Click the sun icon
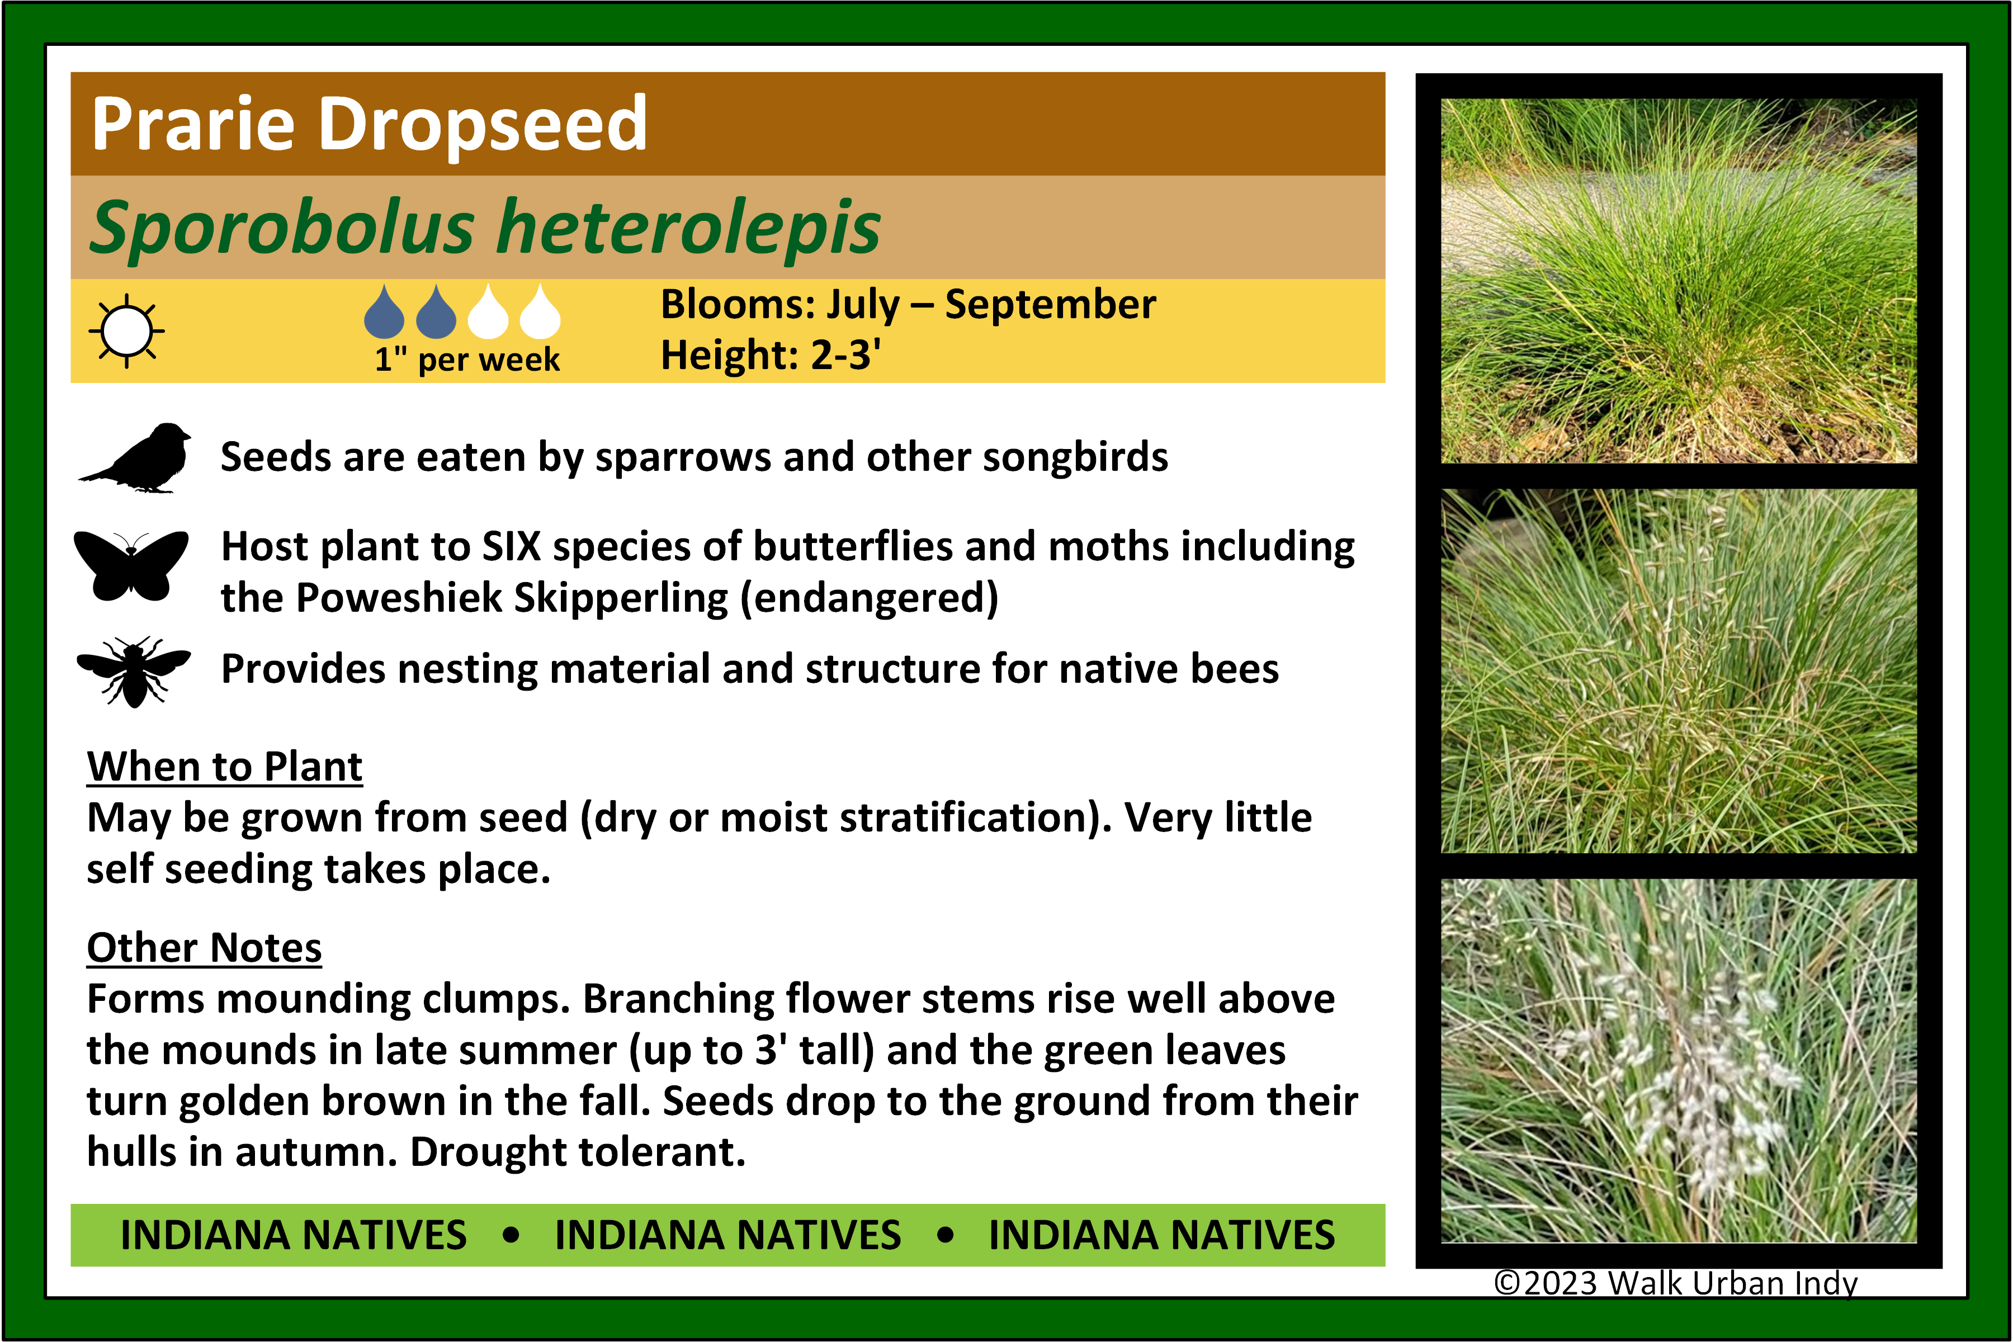(x=127, y=330)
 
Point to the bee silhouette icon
(x=134, y=672)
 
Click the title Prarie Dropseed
(x=369, y=125)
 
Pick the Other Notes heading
(x=205, y=947)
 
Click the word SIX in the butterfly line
(x=512, y=546)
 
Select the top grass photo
(x=1679, y=281)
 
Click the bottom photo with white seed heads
(x=1679, y=1060)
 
